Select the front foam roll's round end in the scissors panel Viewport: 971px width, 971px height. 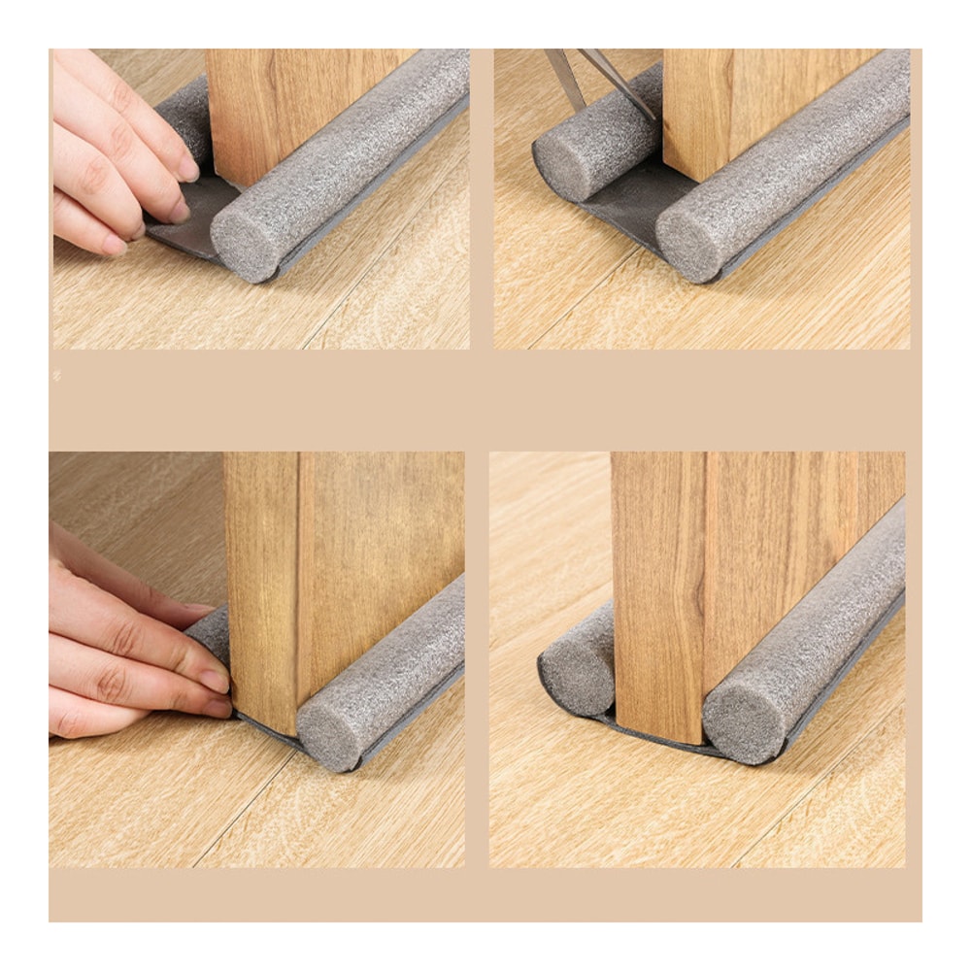point(687,244)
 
